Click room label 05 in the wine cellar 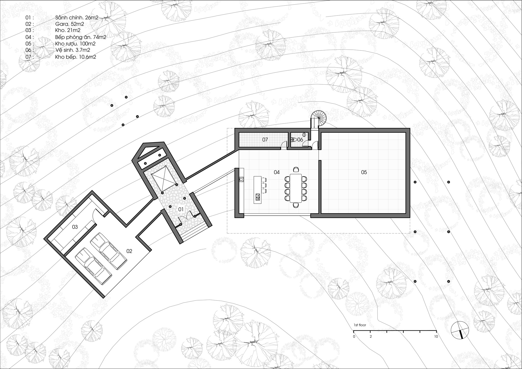(x=364, y=172)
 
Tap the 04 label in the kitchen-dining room (x=277, y=172)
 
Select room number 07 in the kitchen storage (x=265, y=140)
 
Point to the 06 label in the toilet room (x=300, y=140)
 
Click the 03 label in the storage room (x=75, y=227)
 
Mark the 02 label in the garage (x=129, y=251)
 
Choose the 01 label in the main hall (x=181, y=209)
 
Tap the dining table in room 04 (x=296, y=188)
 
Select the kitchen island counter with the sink (x=258, y=189)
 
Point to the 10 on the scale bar (x=436, y=337)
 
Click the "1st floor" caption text (x=360, y=325)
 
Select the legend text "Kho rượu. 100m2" (x=75, y=44)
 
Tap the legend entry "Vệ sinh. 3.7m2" (x=73, y=50)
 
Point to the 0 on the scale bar (x=354, y=337)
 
